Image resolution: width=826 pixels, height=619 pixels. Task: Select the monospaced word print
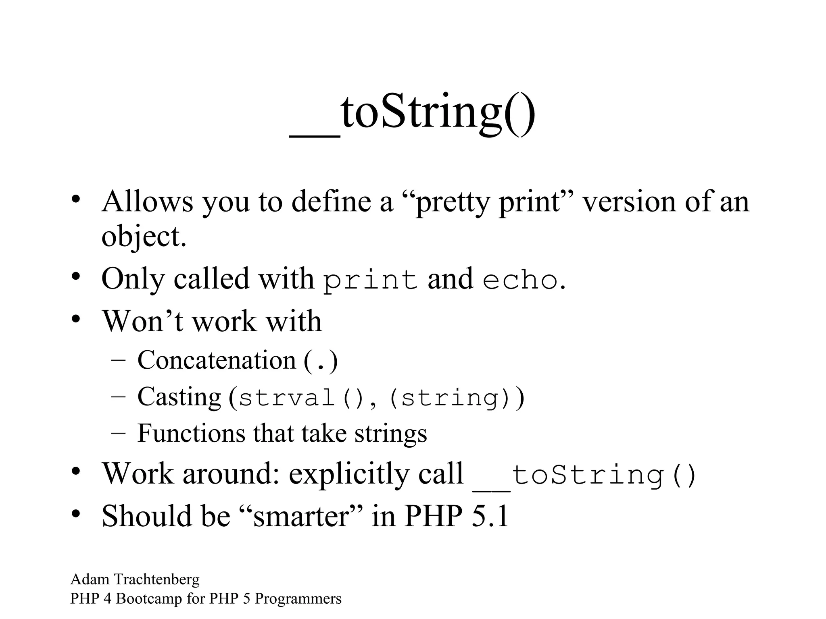pyautogui.click(x=370, y=280)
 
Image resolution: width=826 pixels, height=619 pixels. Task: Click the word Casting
pyautogui.click(x=179, y=397)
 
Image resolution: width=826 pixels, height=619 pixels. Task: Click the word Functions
pyautogui.click(x=191, y=434)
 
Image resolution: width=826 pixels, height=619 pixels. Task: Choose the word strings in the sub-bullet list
pyautogui.click(x=390, y=434)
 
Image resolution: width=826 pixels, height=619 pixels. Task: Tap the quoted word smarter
pyautogui.click(x=301, y=516)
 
